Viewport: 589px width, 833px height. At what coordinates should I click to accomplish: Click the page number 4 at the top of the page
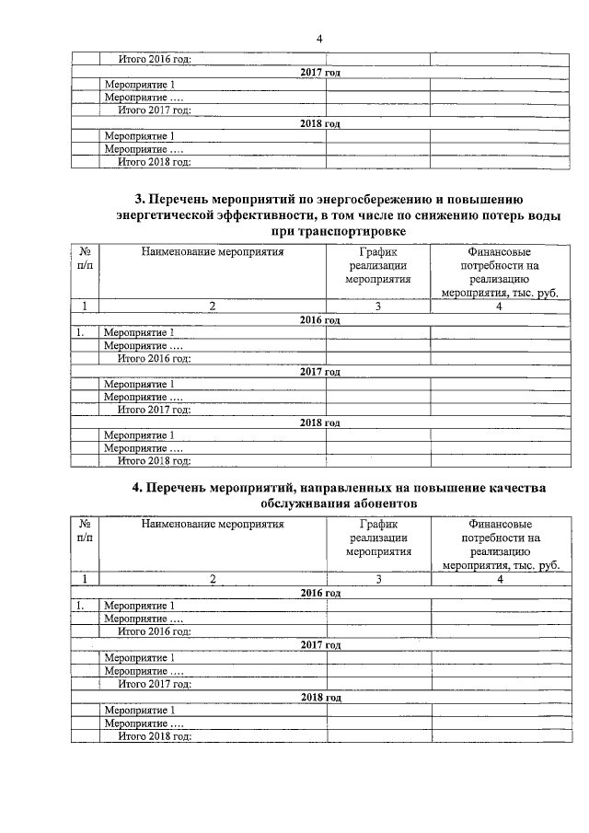point(319,38)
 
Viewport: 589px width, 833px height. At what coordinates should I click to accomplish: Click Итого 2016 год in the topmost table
point(154,60)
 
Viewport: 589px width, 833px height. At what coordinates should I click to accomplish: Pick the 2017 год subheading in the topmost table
point(320,72)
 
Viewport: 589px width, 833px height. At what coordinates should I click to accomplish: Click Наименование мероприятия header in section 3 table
point(213,250)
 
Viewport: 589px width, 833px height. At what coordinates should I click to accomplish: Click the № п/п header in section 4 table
point(85,531)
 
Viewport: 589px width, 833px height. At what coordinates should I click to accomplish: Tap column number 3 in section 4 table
point(377,580)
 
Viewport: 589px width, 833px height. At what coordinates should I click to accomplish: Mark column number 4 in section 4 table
point(500,580)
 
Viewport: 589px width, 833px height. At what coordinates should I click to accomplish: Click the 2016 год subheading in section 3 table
point(320,319)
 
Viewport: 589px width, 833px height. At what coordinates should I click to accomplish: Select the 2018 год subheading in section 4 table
point(320,698)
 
